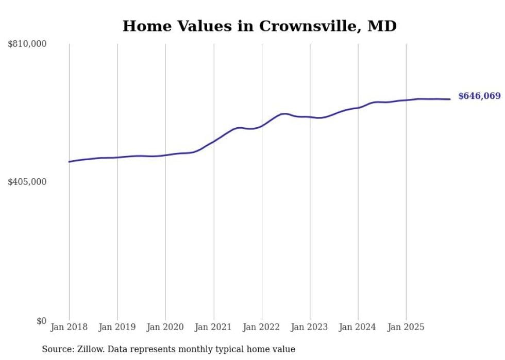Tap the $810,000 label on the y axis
click(27, 44)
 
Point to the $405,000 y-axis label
click(27, 182)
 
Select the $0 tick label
click(41, 321)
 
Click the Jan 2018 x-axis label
click(69, 327)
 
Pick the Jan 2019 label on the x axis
click(117, 327)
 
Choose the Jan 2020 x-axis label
click(165, 327)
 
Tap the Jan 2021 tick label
click(213, 327)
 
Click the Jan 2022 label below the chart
click(262, 327)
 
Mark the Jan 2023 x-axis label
click(310, 327)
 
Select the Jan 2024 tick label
click(358, 327)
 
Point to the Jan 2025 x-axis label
click(406, 327)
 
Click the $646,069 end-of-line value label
click(479, 96)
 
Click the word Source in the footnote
click(57, 349)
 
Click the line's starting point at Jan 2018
click(69, 162)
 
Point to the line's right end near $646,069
click(450, 99)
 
